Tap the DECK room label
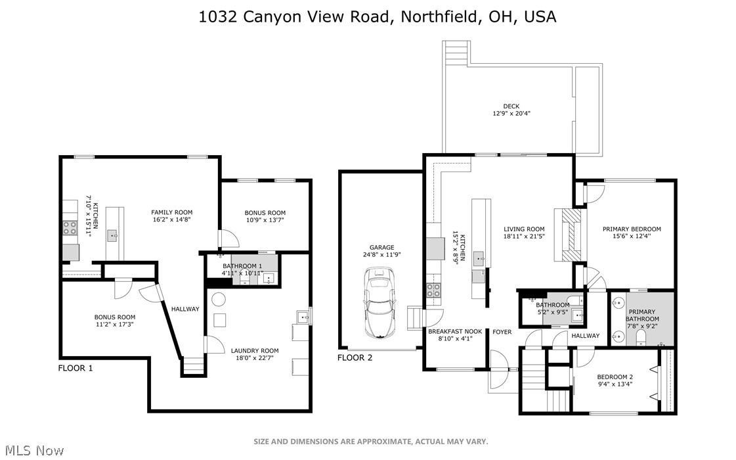pyautogui.click(x=511, y=106)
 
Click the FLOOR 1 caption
pyautogui.click(x=76, y=368)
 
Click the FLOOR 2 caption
pyautogui.click(x=355, y=357)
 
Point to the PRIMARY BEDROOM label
pyautogui.click(x=632, y=229)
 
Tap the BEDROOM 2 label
pyautogui.click(x=615, y=377)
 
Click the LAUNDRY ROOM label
pyautogui.click(x=255, y=350)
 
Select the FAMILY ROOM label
pyautogui.click(x=172, y=212)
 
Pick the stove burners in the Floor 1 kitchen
pyautogui.click(x=70, y=227)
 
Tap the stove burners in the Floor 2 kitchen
pyautogui.click(x=434, y=290)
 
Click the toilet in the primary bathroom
pyautogui.click(x=641, y=337)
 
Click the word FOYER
pyautogui.click(x=502, y=332)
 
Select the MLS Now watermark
pyautogui.click(x=32, y=450)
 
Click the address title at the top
pyautogui.click(x=378, y=16)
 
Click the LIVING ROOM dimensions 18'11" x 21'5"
pyautogui.click(x=525, y=237)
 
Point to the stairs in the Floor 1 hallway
pyautogui.click(x=192, y=367)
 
